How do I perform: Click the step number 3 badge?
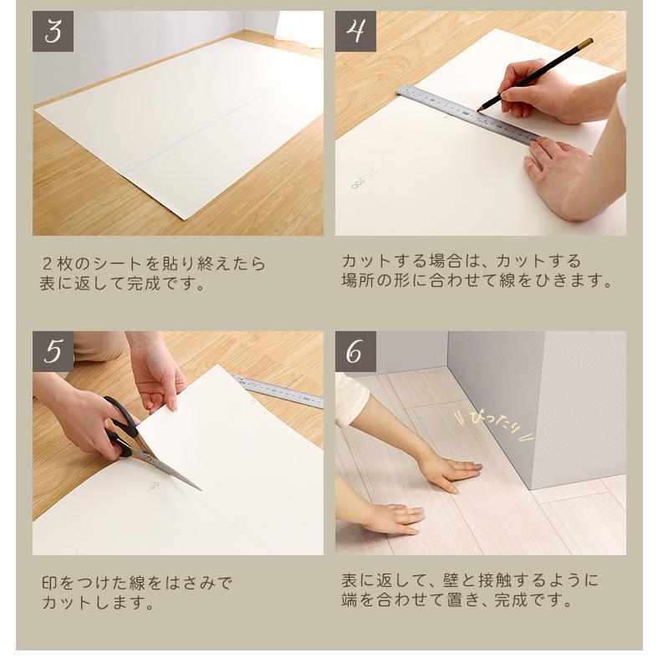pos(53,31)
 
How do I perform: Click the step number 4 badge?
pos(355,31)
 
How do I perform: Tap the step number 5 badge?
pos(53,351)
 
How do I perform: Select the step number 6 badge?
pos(355,351)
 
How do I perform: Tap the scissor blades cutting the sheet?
pos(171,472)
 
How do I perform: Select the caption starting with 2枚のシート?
pos(153,264)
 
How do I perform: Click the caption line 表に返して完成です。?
pos(122,284)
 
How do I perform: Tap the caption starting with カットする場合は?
pos(461,261)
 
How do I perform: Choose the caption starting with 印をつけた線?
pos(137,582)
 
